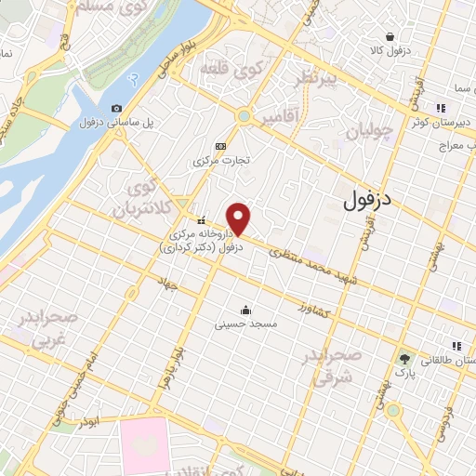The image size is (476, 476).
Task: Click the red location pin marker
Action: [x=240, y=219]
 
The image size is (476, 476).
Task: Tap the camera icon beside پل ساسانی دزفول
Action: [x=116, y=108]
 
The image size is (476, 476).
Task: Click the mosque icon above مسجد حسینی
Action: [x=245, y=310]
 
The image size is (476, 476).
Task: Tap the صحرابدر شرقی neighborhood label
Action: [x=330, y=367]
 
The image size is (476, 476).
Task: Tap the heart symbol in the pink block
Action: [x=143, y=444]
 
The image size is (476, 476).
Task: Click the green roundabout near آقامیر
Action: [x=245, y=116]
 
